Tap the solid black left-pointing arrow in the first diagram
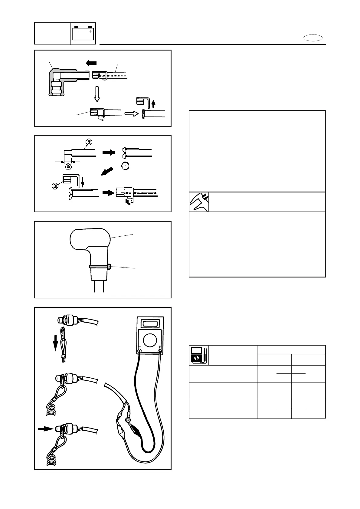91,63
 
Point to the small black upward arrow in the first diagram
154,104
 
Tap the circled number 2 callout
89,141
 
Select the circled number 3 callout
55,186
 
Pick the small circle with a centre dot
125,166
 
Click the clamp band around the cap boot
100,267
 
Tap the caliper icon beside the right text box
199,202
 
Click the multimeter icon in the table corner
199,355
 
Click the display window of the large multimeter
150,323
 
